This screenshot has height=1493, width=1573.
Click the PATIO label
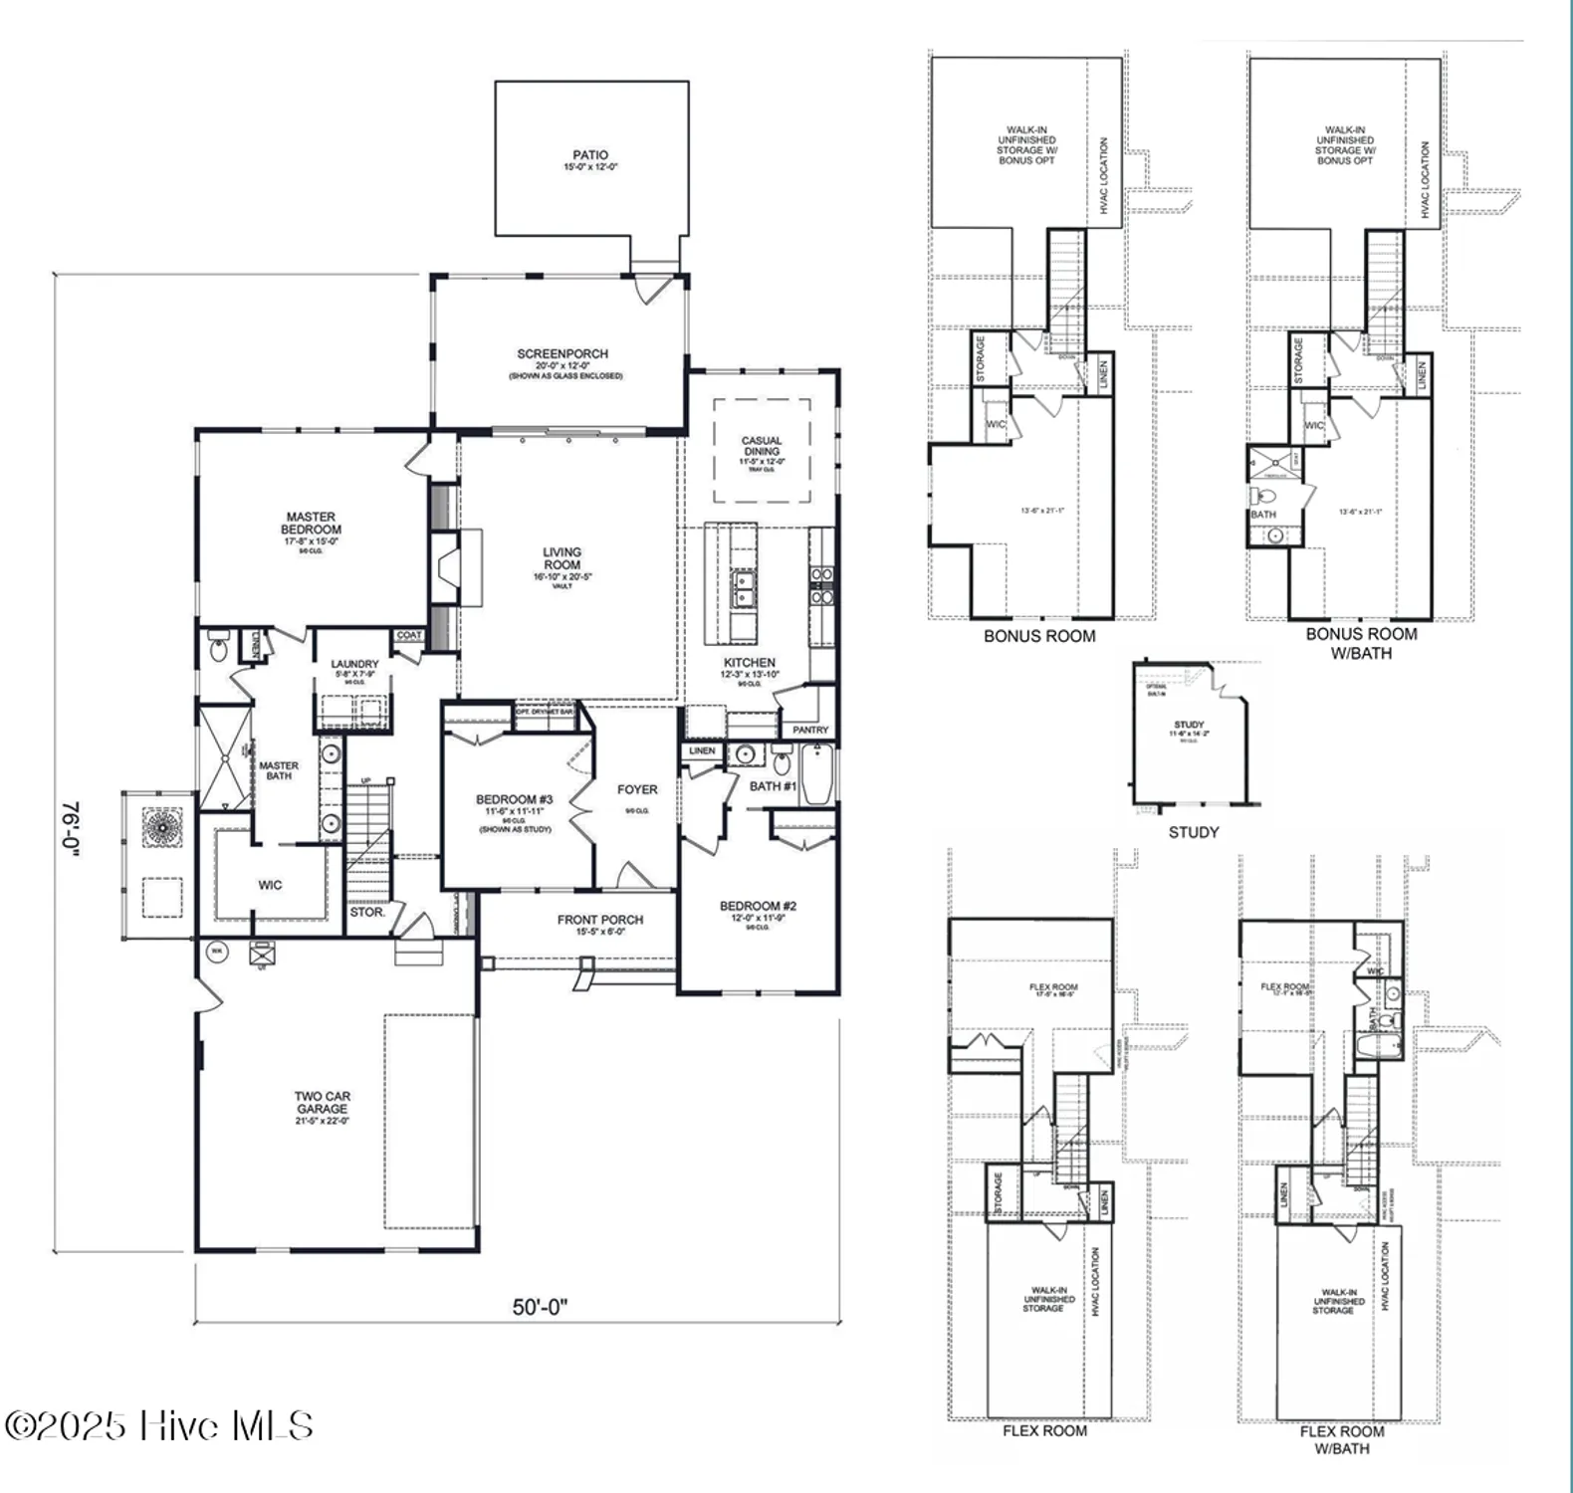pos(589,156)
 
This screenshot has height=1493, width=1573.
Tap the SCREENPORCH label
pos(562,354)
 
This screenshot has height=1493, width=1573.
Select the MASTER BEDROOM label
pos(311,524)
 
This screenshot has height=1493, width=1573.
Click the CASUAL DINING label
pos(762,446)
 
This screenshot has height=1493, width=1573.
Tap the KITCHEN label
pos(750,663)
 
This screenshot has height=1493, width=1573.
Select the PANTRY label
pos(810,730)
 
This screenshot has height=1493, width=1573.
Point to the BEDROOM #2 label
pos(758,907)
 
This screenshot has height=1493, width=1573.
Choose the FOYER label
pos(637,790)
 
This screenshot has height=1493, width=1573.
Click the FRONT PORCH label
pos(599,921)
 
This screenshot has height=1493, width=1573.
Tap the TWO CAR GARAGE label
pos(322,1103)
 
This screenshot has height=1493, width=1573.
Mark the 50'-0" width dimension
pos(540,1307)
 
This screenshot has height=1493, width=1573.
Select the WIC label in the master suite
pos(270,885)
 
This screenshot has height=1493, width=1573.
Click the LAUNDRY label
pos(354,664)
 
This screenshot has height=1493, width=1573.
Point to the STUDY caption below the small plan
pos(1194,832)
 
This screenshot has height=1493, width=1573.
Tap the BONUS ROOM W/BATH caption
pos(1361,643)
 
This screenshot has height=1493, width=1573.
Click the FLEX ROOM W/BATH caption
pos(1341,1439)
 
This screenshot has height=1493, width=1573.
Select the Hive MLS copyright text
pos(159,1425)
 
